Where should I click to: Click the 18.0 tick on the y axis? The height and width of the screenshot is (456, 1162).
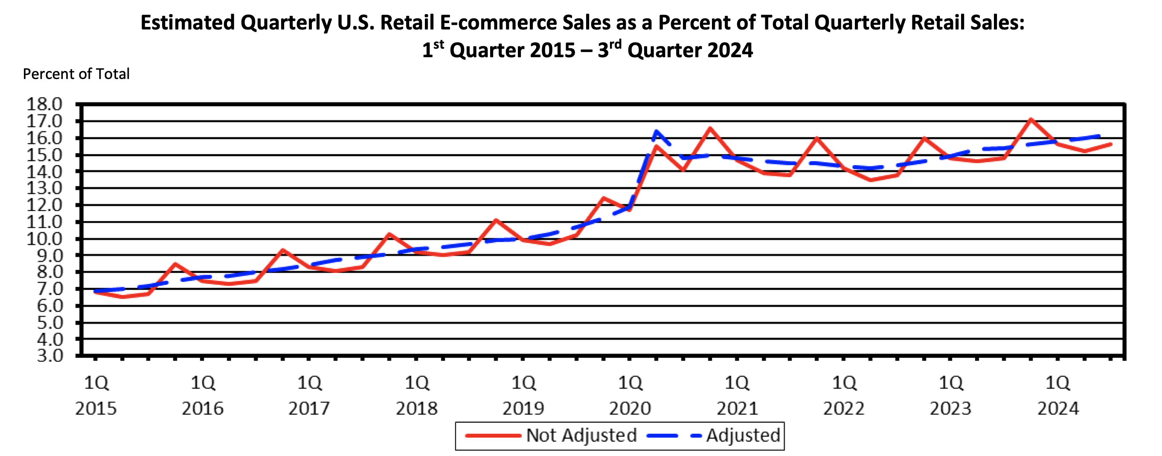click(x=44, y=104)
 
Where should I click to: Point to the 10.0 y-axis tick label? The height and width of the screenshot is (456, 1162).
click(x=44, y=238)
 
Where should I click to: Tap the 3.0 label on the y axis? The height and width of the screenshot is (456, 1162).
click(x=49, y=356)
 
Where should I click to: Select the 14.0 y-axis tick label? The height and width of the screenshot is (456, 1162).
click(x=44, y=172)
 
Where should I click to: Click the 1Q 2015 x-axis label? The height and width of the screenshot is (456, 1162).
click(x=96, y=395)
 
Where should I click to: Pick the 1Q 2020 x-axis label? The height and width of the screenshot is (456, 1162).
click(x=630, y=395)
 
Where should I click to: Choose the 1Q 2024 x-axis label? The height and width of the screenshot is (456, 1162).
click(x=1057, y=395)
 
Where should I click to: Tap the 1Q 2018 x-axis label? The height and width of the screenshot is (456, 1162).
click(x=416, y=395)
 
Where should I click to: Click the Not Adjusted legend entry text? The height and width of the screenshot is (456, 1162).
click(x=581, y=435)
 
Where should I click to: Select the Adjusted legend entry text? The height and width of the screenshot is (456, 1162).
click(x=743, y=435)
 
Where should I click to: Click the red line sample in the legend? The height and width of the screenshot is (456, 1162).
click(x=493, y=436)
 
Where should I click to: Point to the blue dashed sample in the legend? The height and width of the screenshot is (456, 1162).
click(x=674, y=436)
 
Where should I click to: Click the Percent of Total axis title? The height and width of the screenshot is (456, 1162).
click(x=76, y=73)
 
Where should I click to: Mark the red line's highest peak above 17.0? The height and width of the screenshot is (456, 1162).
click(x=1031, y=119)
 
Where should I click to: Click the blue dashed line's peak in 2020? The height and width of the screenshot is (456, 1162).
click(x=657, y=132)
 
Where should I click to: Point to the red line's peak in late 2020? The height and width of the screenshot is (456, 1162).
click(x=710, y=128)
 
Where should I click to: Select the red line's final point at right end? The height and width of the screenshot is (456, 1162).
click(x=1110, y=144)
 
